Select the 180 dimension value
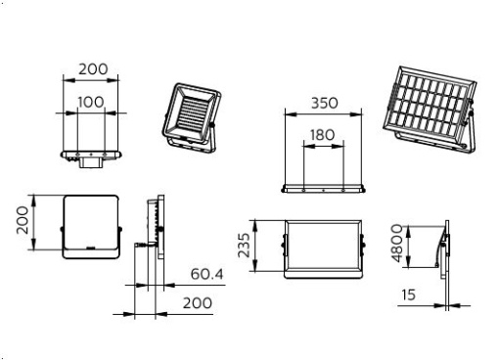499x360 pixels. click(322, 135)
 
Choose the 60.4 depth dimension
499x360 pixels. click(207, 275)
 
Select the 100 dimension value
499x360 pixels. click(92, 103)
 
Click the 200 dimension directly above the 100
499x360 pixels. click(92, 69)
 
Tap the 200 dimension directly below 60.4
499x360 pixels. click(198, 303)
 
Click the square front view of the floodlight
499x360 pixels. click(91, 226)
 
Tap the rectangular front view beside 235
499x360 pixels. click(322, 247)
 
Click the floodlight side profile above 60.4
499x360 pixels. click(152, 230)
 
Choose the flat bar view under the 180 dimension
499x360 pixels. click(322, 189)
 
